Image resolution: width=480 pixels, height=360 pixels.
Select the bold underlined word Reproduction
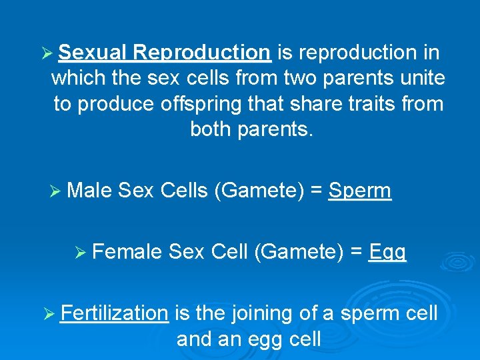click(x=201, y=52)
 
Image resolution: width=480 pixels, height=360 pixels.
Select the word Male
click(x=90, y=191)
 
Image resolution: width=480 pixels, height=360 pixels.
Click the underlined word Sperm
click(x=360, y=191)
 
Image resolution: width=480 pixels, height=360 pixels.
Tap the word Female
click(x=127, y=251)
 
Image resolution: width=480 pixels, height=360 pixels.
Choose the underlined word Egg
click(x=387, y=252)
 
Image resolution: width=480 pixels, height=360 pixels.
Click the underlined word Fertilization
click(x=114, y=313)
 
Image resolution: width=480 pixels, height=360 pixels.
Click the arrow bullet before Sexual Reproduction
click(x=46, y=53)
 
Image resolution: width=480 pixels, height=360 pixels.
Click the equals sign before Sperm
click(x=316, y=191)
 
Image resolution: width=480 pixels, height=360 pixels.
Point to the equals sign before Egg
click(x=357, y=251)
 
